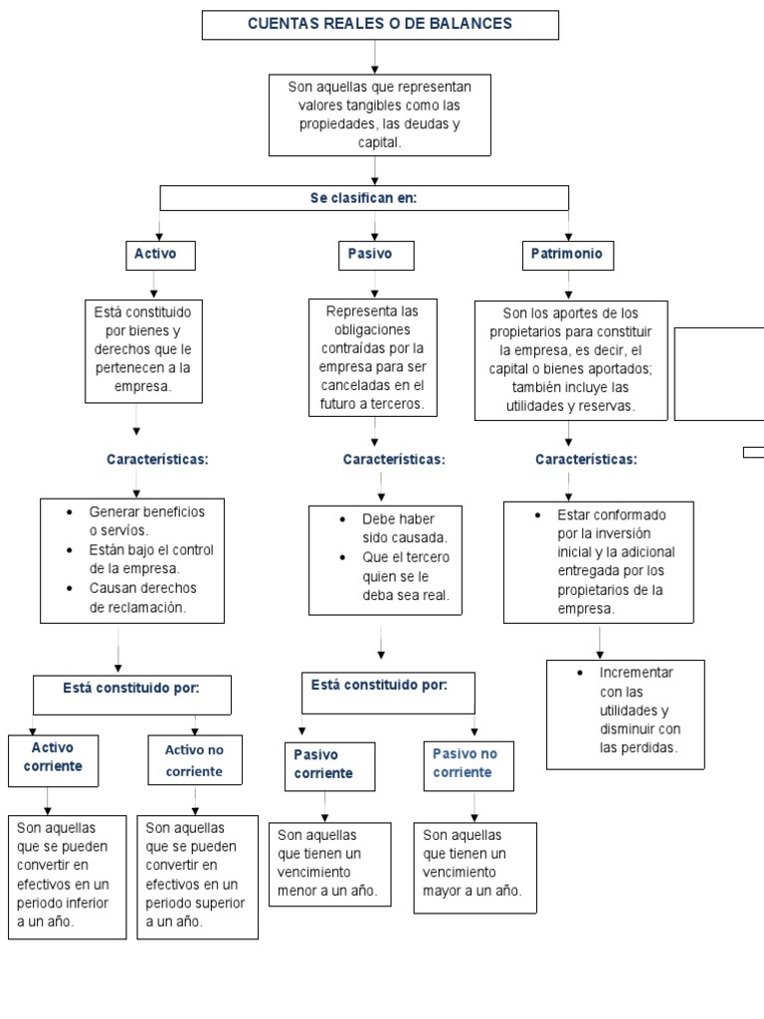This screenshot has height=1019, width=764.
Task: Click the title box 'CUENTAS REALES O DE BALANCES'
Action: (x=380, y=25)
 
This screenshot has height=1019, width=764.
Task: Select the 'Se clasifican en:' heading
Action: (x=364, y=198)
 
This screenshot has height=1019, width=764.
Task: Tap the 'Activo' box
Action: (x=160, y=255)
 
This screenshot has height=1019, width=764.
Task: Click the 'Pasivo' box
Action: (x=376, y=255)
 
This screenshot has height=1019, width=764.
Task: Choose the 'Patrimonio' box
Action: (x=568, y=255)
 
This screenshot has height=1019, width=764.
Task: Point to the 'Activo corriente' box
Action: (x=54, y=761)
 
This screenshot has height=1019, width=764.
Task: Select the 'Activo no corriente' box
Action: (x=195, y=759)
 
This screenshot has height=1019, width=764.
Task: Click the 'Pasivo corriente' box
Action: (x=330, y=767)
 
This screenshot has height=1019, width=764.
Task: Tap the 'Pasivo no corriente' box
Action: (x=469, y=766)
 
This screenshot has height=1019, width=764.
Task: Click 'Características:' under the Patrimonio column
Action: (x=586, y=460)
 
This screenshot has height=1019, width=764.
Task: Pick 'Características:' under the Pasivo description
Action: (x=394, y=460)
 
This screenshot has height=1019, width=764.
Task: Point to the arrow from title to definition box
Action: (x=375, y=57)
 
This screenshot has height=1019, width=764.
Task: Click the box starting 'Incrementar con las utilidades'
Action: (x=626, y=714)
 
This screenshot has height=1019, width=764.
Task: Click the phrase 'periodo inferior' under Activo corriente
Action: (x=63, y=904)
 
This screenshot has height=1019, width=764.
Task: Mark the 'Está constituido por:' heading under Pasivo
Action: (x=379, y=685)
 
